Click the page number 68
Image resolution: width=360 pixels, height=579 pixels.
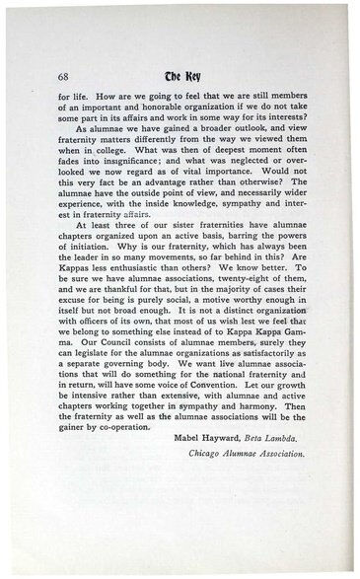tap(64, 77)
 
